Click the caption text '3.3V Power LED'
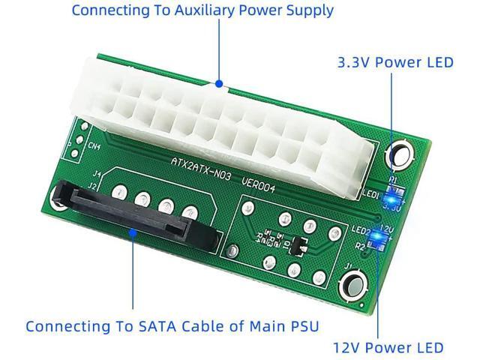(395, 61)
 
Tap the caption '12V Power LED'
(388, 347)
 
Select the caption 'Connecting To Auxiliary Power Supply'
(202, 10)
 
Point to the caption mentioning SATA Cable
(172, 326)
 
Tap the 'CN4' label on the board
(95, 148)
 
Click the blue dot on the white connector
(218, 83)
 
